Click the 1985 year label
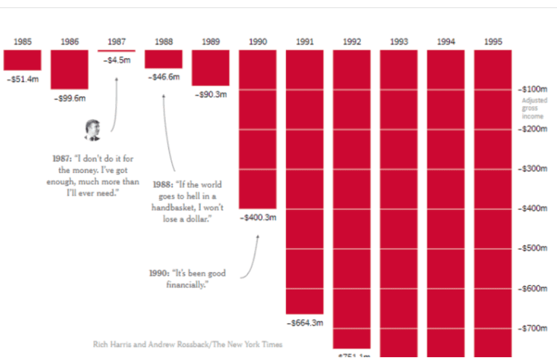pyautogui.click(x=23, y=42)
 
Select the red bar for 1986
pyautogui.click(x=69, y=69)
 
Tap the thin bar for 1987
pyautogui.click(x=117, y=51)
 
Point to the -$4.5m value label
pyautogui.click(x=117, y=59)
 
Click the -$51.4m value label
pyautogui.click(x=22, y=78)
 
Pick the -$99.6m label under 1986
pyautogui.click(x=69, y=98)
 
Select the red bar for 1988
pyautogui.click(x=164, y=59)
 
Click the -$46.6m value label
pyautogui.click(x=164, y=76)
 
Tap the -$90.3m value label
pyautogui.click(x=210, y=94)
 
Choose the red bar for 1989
pyautogui.click(x=210, y=68)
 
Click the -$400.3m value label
pyautogui.click(x=257, y=217)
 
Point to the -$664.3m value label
pyautogui.click(x=304, y=323)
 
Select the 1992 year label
pyautogui.click(x=352, y=42)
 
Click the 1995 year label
pyautogui.click(x=493, y=42)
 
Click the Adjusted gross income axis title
pyautogui.click(x=534, y=108)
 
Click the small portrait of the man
pyautogui.click(x=92, y=130)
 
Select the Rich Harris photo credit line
pyautogui.click(x=187, y=344)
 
